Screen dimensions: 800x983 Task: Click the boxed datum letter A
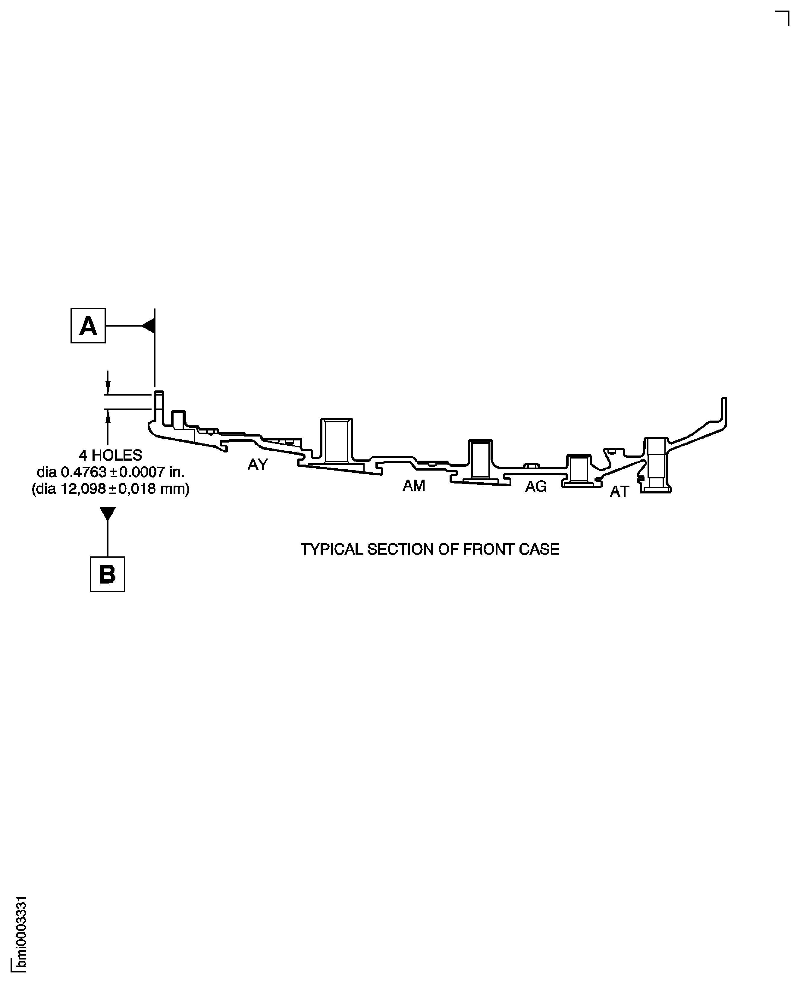[x=88, y=326]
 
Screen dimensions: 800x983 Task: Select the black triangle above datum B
[x=107, y=513]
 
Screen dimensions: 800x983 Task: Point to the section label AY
[x=258, y=464]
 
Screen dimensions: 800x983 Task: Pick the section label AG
[x=535, y=487]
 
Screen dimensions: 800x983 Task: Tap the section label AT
[x=619, y=492]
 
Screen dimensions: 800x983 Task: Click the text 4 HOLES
[x=110, y=455]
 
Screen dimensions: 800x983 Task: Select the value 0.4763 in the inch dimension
[x=83, y=472]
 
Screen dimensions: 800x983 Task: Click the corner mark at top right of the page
[x=784, y=17]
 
